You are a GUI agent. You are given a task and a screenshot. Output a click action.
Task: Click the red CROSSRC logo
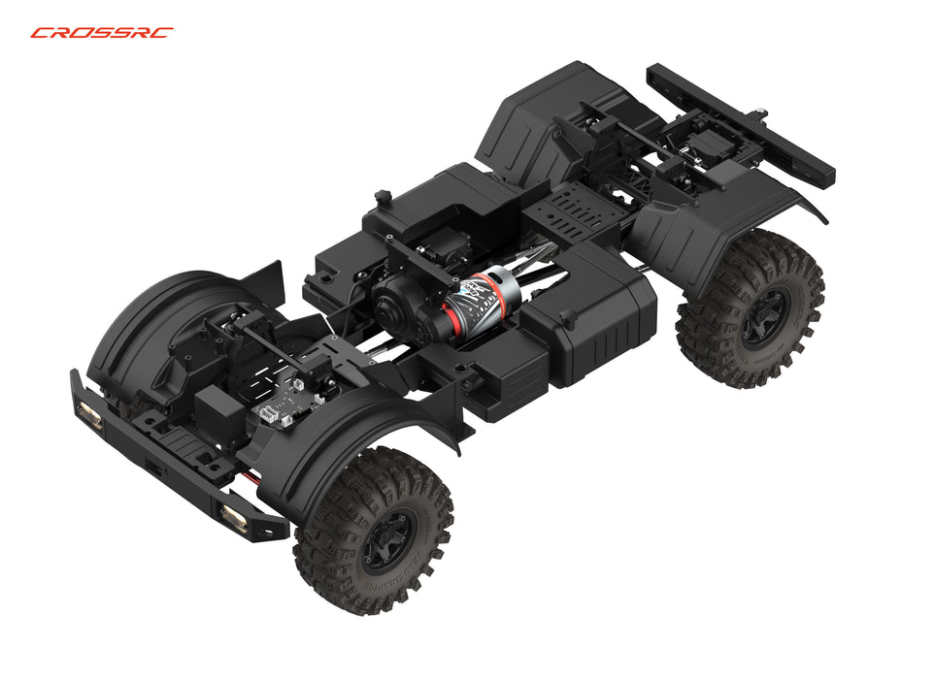102,32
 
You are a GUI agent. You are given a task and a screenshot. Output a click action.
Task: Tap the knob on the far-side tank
383,199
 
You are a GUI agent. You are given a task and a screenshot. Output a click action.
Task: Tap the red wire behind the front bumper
254,478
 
